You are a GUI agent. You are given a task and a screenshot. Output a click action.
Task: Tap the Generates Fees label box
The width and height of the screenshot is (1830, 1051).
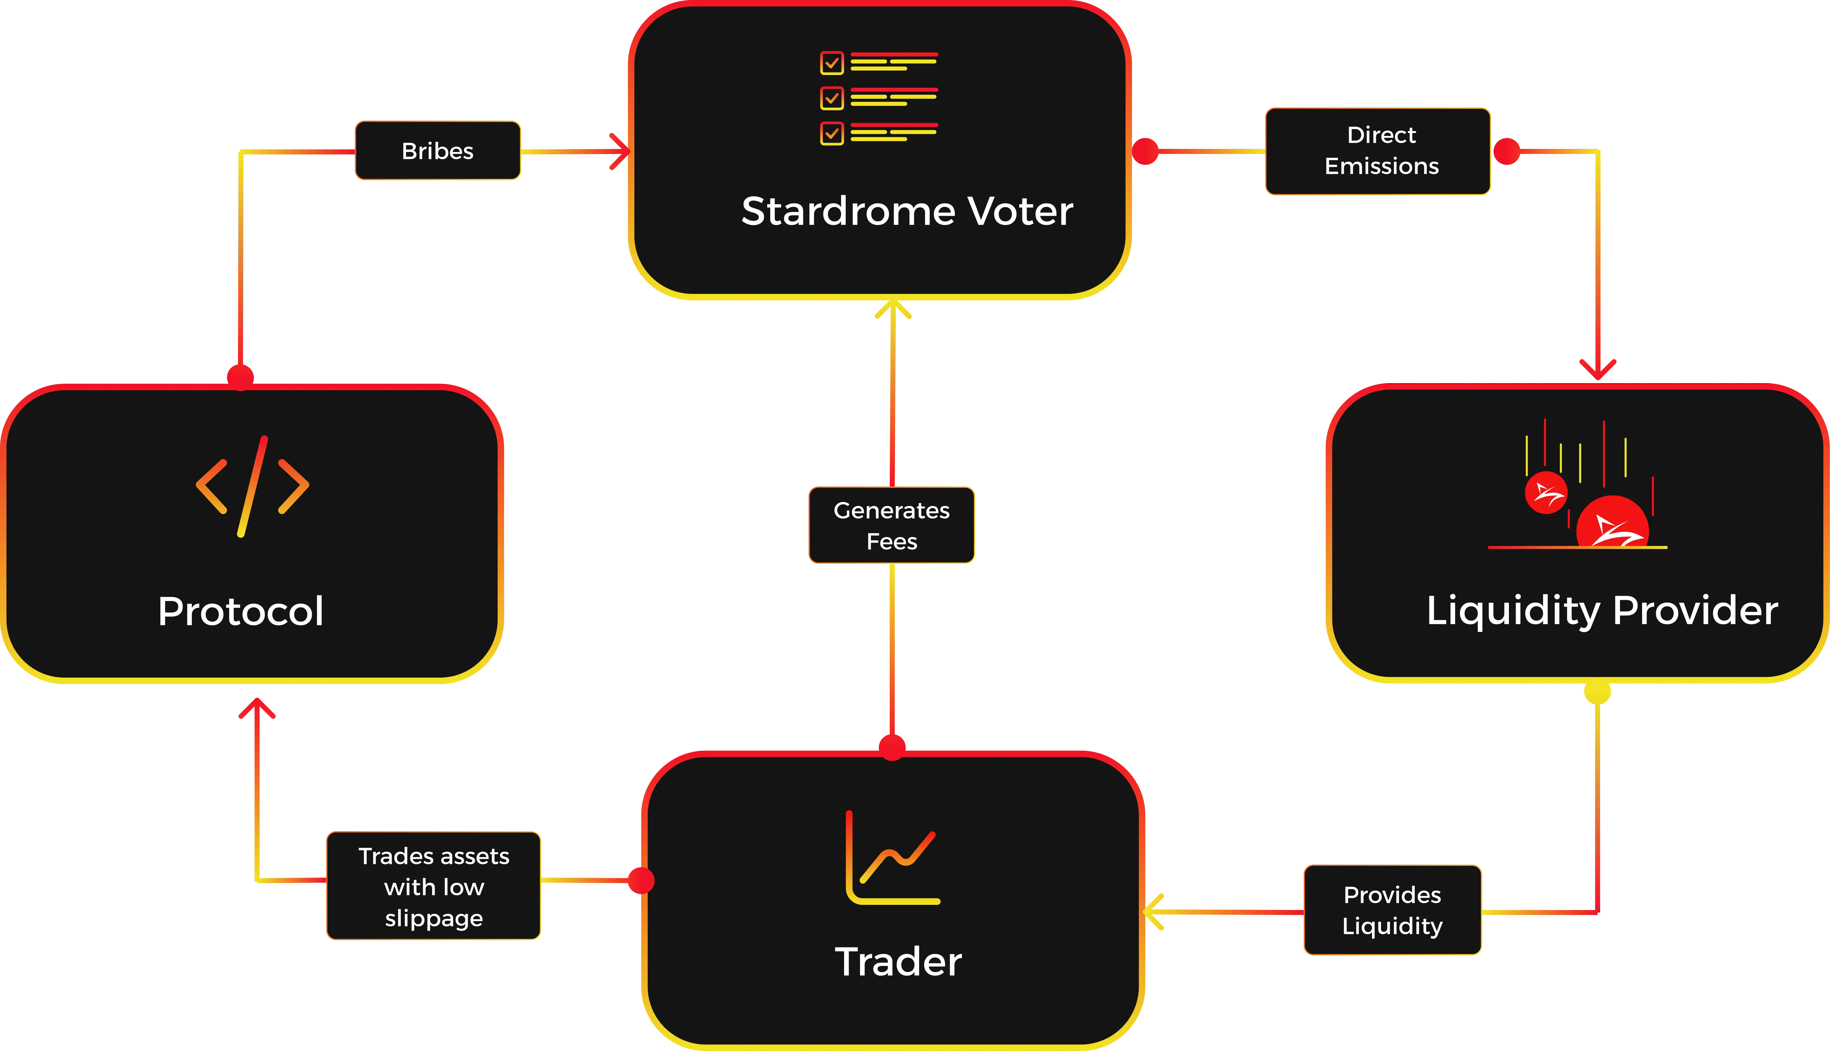point(892,525)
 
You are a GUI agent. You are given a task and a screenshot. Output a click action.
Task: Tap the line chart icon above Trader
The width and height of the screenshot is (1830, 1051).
point(892,857)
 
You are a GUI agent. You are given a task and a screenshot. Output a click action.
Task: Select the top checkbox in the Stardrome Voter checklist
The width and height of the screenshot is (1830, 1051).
point(831,63)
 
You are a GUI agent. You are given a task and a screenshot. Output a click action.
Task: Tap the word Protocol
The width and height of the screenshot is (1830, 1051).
point(240,611)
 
